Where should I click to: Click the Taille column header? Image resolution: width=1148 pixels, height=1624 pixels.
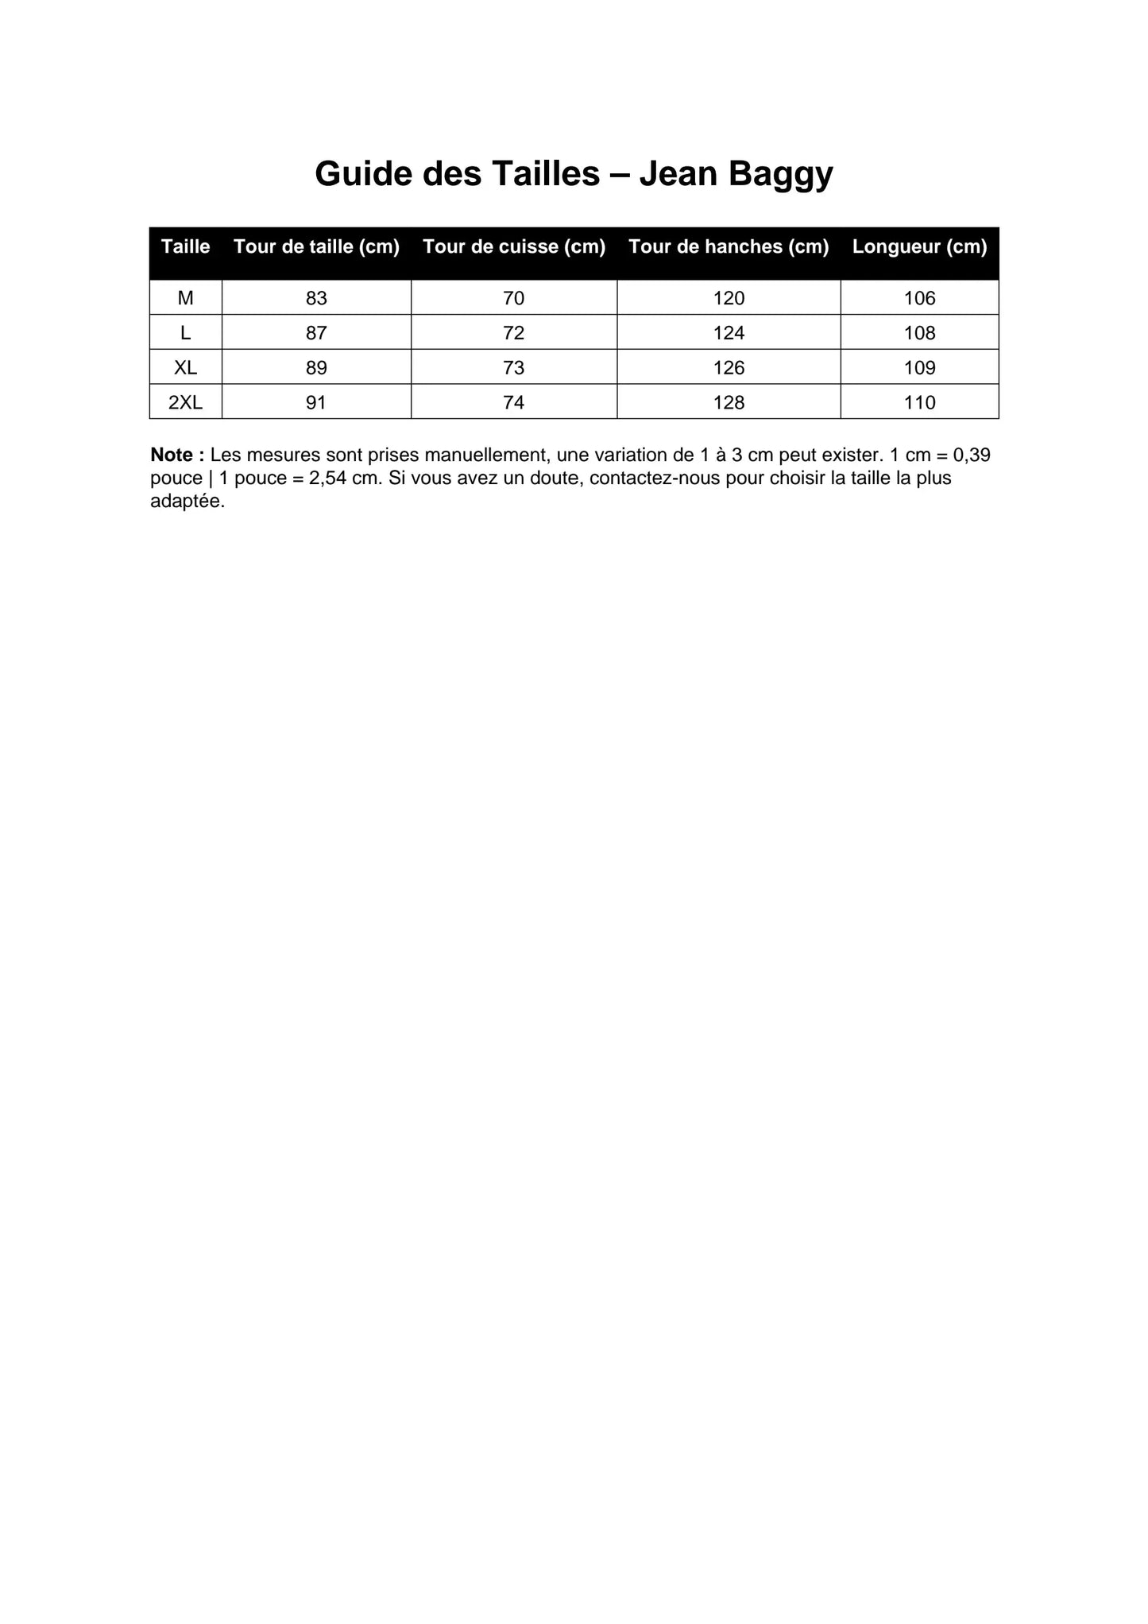coord(185,246)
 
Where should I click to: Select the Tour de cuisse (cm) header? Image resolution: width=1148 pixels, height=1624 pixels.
coord(514,246)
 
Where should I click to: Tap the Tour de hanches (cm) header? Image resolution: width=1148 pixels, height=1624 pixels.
coord(729,246)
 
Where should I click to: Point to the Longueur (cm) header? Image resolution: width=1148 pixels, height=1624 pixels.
coord(919,246)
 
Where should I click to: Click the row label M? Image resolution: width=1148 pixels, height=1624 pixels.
coord(185,298)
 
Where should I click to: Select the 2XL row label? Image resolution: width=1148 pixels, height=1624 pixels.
coord(185,402)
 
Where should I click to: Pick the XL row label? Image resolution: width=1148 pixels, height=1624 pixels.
coord(185,367)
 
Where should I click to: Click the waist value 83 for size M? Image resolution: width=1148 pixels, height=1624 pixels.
coord(316,298)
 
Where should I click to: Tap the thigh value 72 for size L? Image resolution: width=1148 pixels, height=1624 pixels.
coord(514,333)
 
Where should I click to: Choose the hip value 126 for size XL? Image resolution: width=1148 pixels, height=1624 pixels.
coord(729,367)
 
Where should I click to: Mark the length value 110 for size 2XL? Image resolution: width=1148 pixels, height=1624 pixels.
coord(919,402)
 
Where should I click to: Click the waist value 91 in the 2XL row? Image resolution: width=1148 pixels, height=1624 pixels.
coord(316,402)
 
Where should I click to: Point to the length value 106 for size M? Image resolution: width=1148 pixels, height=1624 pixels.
coord(919,298)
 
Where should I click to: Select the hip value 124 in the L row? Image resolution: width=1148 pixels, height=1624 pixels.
coord(729,333)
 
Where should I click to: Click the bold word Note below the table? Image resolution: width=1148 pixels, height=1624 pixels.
coord(172,455)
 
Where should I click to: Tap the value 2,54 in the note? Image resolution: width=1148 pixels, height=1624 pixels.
coord(327,479)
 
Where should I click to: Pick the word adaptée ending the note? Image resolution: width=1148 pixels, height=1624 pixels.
coord(186,502)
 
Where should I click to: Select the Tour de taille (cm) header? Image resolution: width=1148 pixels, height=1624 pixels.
coord(316,246)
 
